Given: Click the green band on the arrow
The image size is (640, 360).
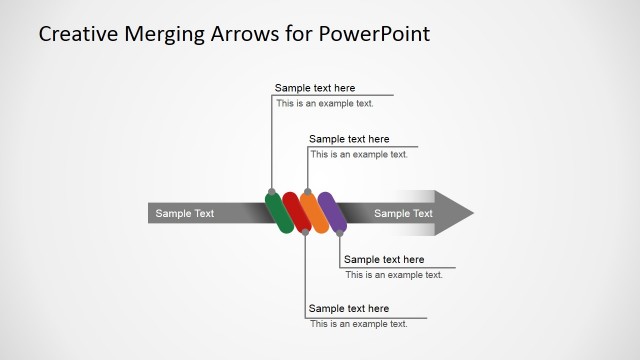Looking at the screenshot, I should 279,212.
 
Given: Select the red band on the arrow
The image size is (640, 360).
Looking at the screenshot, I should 296,212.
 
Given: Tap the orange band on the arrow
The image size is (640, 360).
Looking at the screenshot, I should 314,212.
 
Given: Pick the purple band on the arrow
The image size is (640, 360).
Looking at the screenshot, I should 332,213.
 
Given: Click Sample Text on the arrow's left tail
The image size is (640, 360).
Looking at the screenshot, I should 184,213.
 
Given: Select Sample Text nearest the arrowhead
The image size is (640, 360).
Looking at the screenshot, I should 403,213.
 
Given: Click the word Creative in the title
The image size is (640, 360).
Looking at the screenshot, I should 79,34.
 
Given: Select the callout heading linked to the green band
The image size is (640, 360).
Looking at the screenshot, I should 315,88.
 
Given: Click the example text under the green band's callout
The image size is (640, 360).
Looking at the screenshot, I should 324,103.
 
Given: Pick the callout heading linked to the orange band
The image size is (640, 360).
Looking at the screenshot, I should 349,139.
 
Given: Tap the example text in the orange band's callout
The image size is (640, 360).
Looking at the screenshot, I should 358,154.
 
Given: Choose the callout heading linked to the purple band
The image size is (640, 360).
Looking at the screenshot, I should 384,259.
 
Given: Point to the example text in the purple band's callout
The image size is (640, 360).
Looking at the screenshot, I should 393,274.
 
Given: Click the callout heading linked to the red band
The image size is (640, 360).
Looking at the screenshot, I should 349,308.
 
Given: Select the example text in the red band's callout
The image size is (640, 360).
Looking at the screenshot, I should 358,323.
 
